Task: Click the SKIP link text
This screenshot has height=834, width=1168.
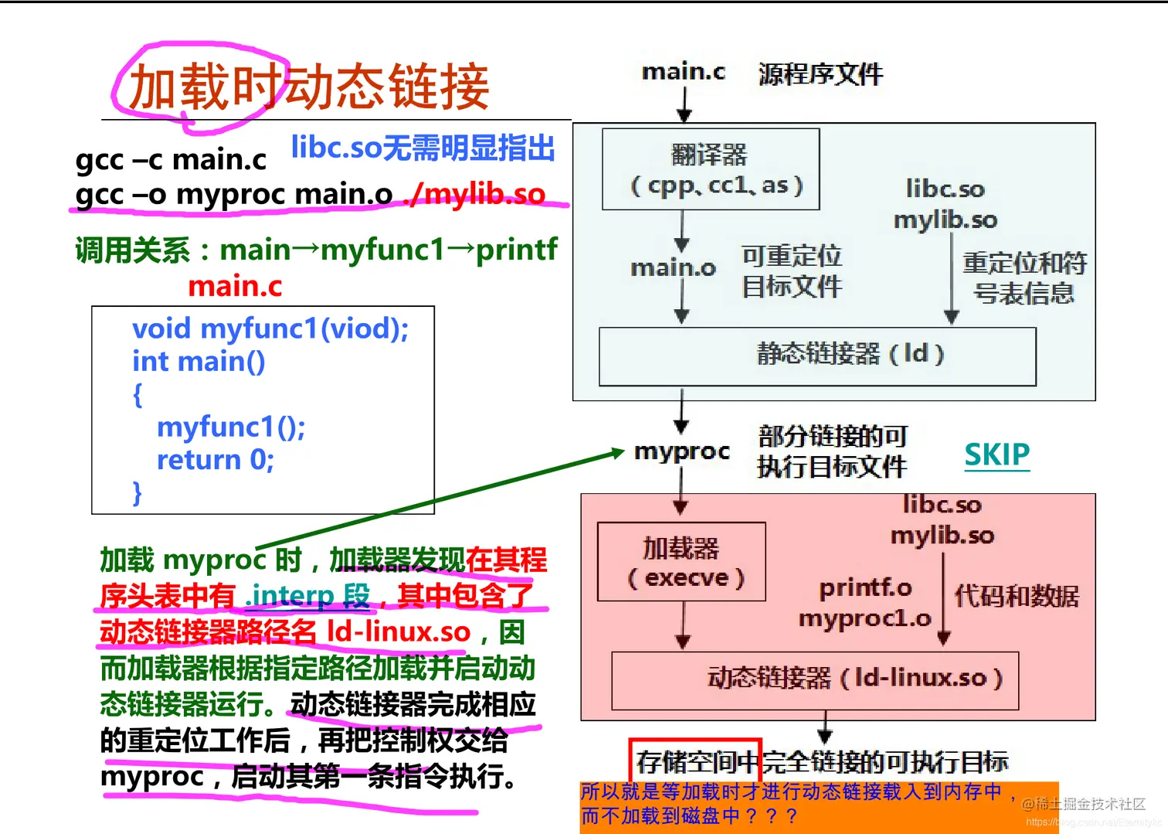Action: [997, 454]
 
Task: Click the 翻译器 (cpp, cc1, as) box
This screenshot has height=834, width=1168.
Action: [710, 169]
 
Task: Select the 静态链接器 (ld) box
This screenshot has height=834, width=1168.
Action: [817, 356]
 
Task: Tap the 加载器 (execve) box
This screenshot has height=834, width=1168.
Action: [681, 562]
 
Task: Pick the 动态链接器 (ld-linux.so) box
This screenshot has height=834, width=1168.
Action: [814, 680]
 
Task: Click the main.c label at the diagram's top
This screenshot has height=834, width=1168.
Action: [683, 72]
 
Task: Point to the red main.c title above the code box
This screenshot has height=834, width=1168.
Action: [235, 286]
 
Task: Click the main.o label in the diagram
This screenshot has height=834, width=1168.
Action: [673, 268]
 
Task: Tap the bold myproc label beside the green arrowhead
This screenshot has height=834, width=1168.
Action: [681, 451]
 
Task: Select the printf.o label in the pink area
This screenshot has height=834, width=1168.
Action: [865, 588]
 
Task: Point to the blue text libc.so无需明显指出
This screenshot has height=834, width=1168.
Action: [423, 147]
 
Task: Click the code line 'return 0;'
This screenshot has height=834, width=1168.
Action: [215, 460]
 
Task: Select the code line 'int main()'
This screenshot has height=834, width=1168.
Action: [199, 361]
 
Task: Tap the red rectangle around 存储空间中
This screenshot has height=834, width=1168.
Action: [695, 761]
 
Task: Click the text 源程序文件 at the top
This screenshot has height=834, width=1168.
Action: [820, 74]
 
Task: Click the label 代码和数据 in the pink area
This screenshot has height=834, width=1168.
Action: [1016, 596]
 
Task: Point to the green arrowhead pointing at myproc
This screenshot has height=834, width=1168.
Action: [617, 452]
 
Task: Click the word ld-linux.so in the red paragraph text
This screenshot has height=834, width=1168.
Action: [399, 631]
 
